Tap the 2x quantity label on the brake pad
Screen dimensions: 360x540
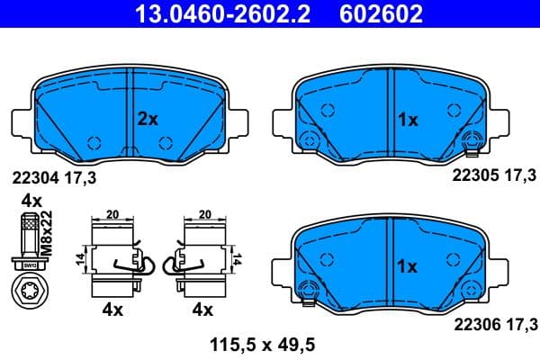[x=148, y=118]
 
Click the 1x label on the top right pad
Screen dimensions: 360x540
[x=407, y=118]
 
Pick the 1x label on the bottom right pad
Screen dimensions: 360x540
[x=407, y=266]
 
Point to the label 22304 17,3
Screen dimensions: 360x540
[x=54, y=179]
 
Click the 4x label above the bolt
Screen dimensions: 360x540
[x=31, y=199]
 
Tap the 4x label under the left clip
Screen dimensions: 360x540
[x=112, y=310]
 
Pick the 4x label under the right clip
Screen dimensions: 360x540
[x=202, y=310]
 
